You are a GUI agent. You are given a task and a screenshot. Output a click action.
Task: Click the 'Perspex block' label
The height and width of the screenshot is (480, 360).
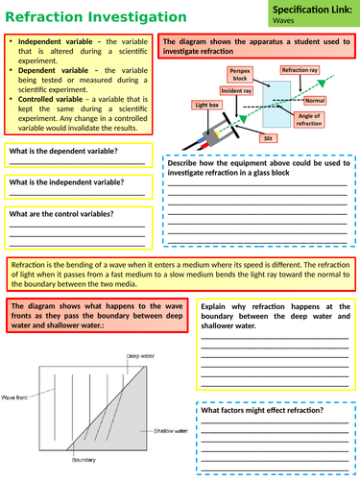click(x=240, y=75)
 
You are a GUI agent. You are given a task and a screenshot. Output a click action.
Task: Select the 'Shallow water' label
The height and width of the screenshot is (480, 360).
click(x=169, y=432)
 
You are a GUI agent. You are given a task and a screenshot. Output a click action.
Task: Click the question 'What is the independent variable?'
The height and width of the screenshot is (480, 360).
click(x=67, y=182)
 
